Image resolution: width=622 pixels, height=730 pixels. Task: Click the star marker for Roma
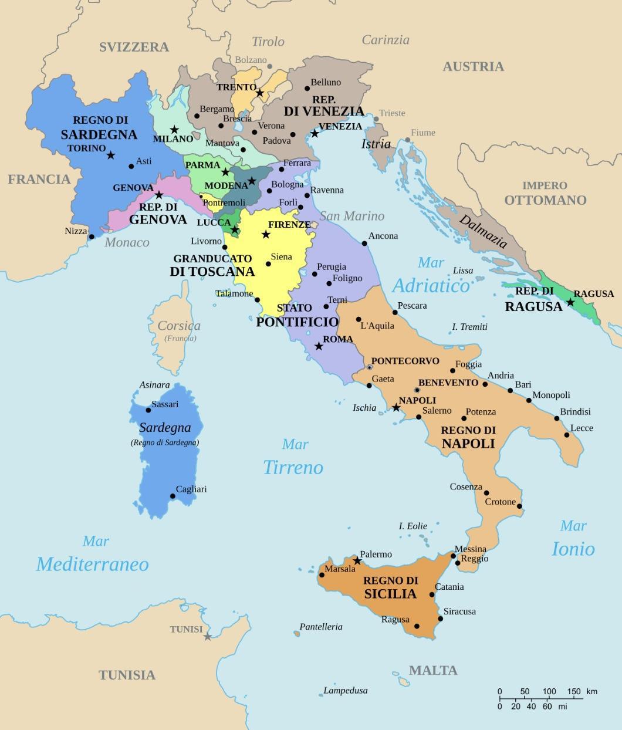coord(319,346)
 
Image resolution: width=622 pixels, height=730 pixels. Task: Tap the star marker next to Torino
coord(110,155)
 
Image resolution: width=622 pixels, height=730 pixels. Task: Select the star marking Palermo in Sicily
coord(357,561)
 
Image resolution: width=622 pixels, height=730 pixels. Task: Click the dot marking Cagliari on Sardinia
coord(173,496)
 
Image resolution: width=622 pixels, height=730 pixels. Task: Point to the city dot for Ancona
coord(364,243)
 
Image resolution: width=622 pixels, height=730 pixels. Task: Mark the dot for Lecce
coord(567,435)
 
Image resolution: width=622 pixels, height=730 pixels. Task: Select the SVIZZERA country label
coord(134,47)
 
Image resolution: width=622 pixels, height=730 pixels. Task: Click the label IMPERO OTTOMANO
coord(545,193)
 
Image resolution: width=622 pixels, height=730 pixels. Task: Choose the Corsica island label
coord(179,326)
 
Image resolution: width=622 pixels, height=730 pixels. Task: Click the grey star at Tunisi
coord(207,636)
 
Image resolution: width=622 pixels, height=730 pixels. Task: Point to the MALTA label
coord(433,670)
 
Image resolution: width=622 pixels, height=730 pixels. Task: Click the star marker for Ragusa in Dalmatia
coord(570,302)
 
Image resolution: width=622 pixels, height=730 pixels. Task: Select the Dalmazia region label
coord(482,231)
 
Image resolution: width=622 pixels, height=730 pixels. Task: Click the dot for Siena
coord(268,263)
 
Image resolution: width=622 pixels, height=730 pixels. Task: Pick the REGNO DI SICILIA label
coord(390,587)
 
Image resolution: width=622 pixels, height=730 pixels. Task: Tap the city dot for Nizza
coord(91,236)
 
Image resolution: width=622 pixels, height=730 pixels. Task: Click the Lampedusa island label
coord(346,691)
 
